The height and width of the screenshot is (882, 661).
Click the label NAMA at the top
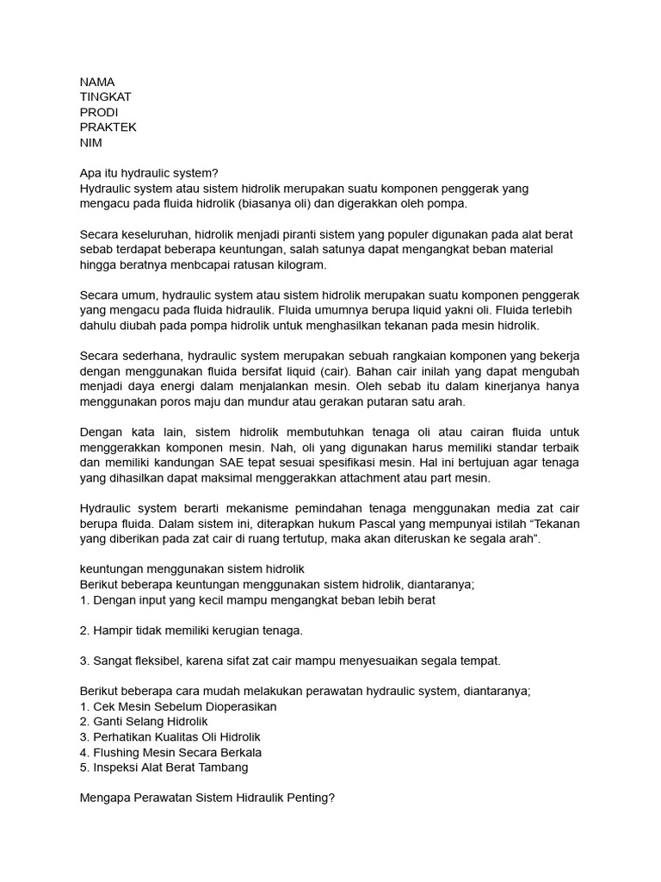click(97, 82)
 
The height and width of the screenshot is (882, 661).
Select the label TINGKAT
click(105, 97)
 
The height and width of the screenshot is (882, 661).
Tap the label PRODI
click(99, 112)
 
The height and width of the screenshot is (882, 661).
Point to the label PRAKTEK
click(108, 127)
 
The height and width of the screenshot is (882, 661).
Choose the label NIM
click(91, 143)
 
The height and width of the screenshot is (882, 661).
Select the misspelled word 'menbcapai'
click(210, 264)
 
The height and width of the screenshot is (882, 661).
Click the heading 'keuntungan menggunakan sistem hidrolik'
click(191, 569)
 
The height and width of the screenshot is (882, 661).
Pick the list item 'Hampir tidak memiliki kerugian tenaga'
click(191, 630)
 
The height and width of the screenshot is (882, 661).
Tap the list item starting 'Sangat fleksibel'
click(290, 661)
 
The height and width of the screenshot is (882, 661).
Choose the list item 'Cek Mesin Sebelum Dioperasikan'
click(178, 706)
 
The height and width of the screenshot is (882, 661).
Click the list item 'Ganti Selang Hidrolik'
click(144, 722)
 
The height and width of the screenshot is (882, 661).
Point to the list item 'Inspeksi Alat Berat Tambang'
click(164, 767)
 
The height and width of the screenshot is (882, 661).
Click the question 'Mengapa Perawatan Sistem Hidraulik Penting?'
click(207, 798)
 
